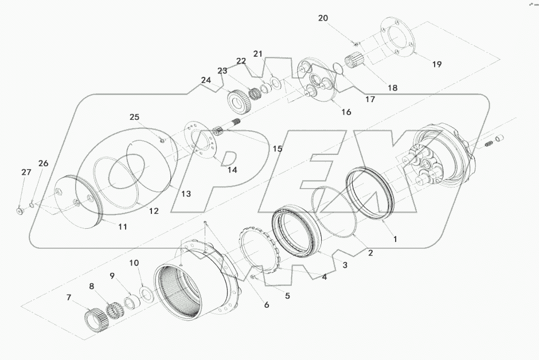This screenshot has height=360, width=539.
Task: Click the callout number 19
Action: click(x=436, y=64)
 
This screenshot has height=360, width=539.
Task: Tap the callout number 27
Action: click(x=26, y=173)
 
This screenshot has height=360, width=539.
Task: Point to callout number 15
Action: click(x=277, y=148)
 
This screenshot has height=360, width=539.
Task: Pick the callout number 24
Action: click(x=205, y=81)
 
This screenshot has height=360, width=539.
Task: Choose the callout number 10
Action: click(x=134, y=263)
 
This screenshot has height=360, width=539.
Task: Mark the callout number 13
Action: click(x=186, y=194)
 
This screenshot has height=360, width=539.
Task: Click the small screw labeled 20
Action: click(x=356, y=44)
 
